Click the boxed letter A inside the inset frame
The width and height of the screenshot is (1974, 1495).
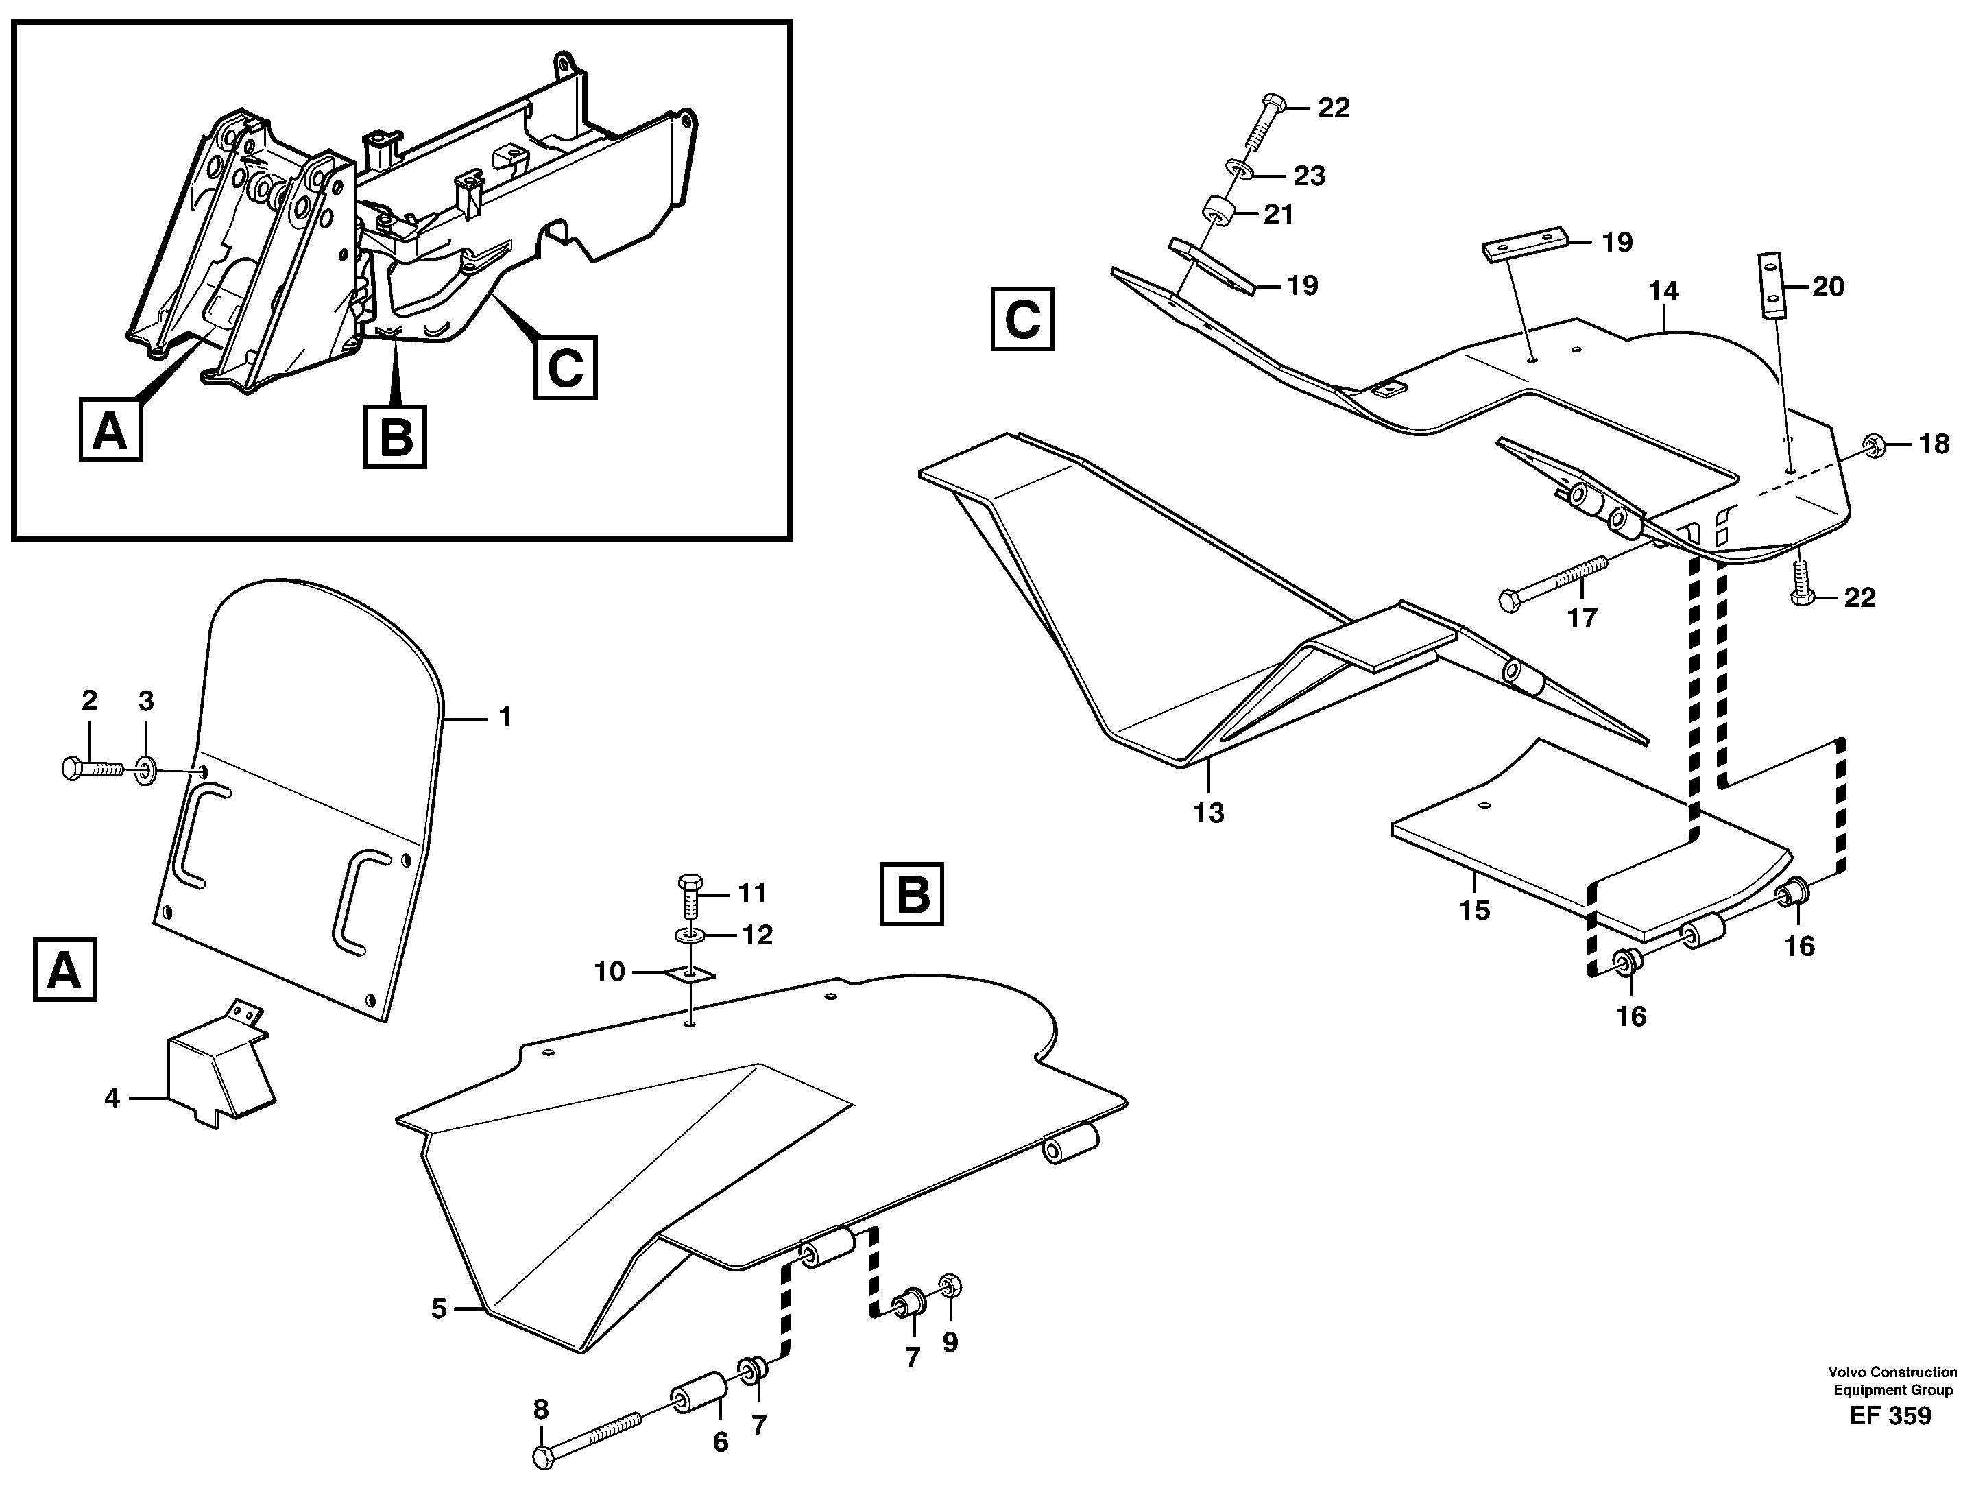[x=110, y=431]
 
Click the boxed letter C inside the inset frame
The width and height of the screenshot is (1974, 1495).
[x=565, y=367]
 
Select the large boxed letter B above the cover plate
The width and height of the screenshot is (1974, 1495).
[x=912, y=894]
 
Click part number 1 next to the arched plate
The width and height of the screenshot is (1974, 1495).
[x=505, y=717]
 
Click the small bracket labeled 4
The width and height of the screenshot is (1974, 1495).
[x=219, y=1066]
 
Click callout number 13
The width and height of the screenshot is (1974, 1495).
[x=1209, y=813]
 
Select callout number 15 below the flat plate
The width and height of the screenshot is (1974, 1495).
[x=1474, y=911]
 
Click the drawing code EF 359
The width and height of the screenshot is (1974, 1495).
[x=1890, y=1415]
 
